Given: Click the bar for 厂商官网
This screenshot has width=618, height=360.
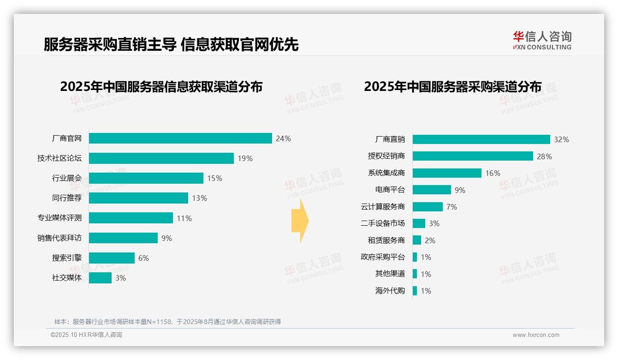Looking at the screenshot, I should click(180, 138).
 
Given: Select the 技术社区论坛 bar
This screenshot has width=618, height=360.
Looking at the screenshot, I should click(161, 158).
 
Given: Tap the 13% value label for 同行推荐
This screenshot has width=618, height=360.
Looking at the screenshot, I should click(200, 198).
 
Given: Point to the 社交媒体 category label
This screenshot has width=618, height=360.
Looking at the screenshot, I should click(66, 278).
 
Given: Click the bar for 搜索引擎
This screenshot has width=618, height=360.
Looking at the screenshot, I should click(112, 258).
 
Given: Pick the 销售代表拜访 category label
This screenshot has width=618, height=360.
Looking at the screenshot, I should click(59, 238).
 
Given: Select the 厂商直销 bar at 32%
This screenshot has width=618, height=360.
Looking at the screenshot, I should click(481, 139).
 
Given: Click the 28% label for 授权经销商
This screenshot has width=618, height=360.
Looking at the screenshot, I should click(544, 156).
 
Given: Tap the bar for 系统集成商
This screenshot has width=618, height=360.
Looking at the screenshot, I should click(447, 173).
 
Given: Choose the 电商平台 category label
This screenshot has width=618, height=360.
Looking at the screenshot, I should click(390, 190).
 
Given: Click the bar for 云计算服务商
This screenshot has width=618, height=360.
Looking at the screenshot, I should click(428, 207).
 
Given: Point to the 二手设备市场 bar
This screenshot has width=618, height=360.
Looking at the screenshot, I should click(419, 223).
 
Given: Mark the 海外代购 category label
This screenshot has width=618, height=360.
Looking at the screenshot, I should click(390, 291).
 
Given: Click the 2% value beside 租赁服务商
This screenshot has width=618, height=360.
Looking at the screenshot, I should click(430, 240).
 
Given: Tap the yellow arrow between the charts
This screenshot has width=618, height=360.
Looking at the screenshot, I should click(300, 221).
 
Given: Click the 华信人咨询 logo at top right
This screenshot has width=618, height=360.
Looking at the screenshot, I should click(542, 41).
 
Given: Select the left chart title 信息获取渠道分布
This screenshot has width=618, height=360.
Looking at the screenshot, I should click(161, 87).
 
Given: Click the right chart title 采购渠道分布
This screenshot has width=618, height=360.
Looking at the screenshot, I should click(452, 87).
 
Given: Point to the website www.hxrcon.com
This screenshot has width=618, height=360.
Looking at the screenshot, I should click(536, 335).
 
